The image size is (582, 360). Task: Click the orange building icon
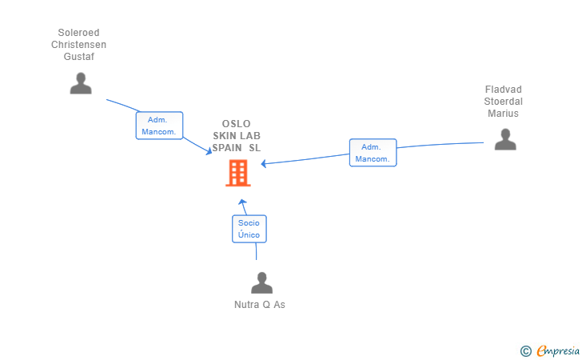click(237, 173)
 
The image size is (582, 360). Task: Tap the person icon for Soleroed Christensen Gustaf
click(81, 83)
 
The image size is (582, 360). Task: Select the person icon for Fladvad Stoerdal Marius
click(504, 139)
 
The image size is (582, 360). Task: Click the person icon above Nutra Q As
click(261, 283)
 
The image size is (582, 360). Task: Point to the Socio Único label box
click(249, 229)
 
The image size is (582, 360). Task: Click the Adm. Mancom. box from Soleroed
click(159, 126)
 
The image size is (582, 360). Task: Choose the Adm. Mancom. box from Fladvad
click(373, 153)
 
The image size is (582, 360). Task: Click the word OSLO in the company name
click(237, 124)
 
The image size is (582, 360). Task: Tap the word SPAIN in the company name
click(227, 148)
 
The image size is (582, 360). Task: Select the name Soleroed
click(78, 34)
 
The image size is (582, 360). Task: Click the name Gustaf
click(78, 57)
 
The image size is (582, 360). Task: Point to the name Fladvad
click(503, 90)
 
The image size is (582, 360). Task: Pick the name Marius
click(503, 114)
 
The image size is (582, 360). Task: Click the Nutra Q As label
click(260, 305)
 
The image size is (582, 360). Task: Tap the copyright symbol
click(525, 350)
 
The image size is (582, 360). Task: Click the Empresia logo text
click(558, 350)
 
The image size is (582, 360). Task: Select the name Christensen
click(78, 45)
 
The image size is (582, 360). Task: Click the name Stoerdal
click(503, 102)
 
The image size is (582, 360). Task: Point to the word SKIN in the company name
click(224, 136)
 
